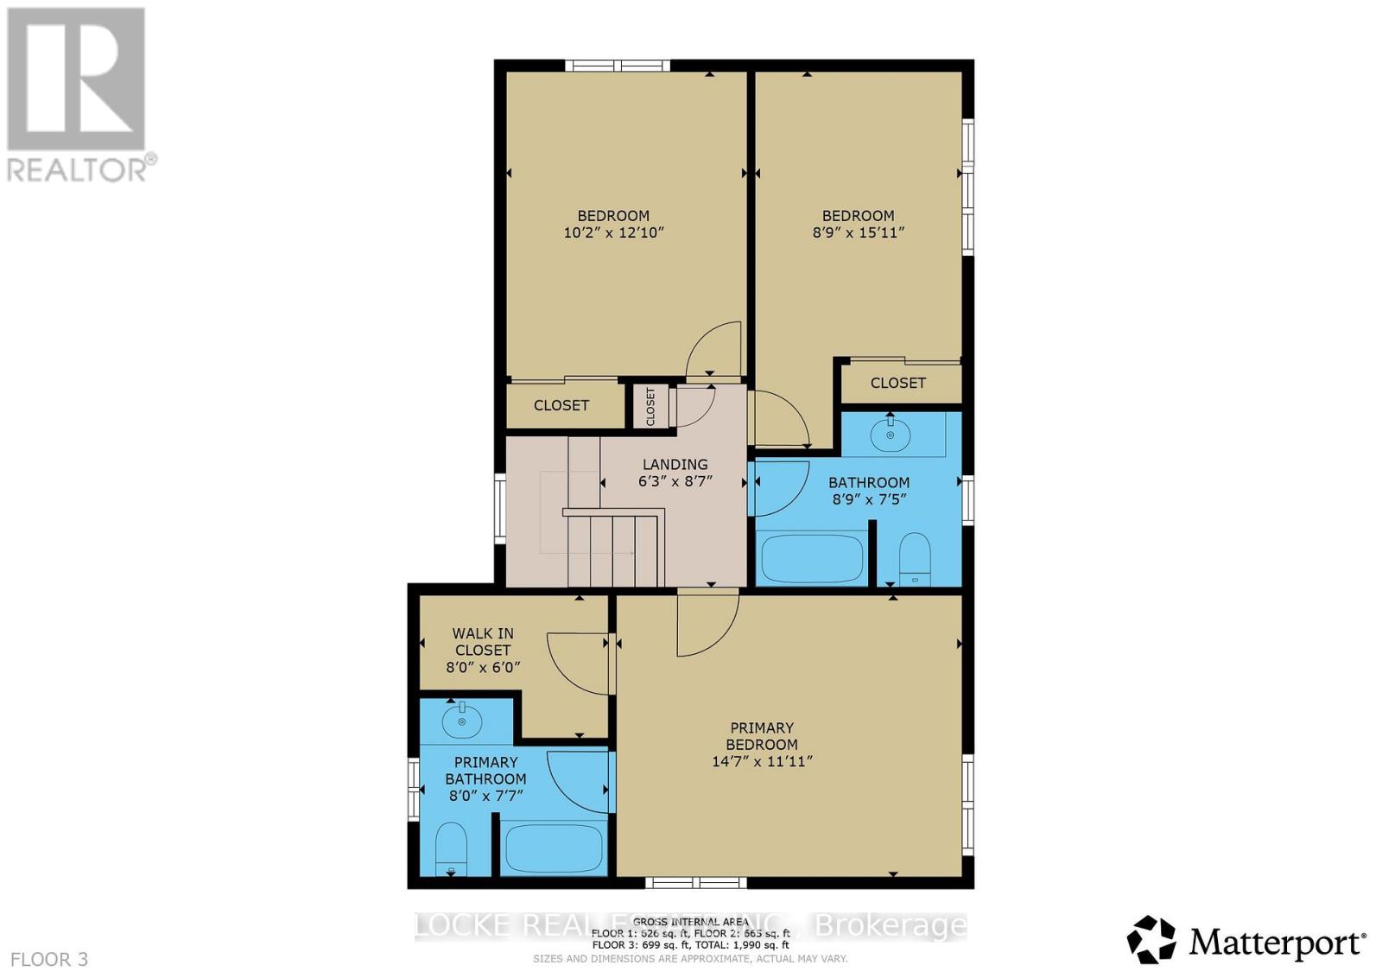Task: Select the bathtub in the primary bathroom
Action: (x=554, y=848)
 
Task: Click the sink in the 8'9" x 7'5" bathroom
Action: (x=890, y=434)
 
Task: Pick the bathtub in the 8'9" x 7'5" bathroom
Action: (x=811, y=559)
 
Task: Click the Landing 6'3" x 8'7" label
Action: (x=675, y=473)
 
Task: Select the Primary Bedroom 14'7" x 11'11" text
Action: (x=762, y=744)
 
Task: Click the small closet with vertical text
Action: (x=650, y=406)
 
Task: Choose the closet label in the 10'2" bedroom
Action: (x=561, y=405)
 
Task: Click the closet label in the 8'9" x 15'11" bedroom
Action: (x=897, y=383)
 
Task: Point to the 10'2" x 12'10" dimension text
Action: (x=613, y=232)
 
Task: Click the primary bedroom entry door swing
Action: (x=707, y=624)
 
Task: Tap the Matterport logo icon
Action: (x=1151, y=939)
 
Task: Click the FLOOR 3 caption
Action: (x=49, y=959)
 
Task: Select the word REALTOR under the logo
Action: (x=78, y=169)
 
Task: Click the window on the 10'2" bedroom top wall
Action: (x=618, y=65)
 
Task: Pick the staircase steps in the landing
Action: (x=613, y=549)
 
